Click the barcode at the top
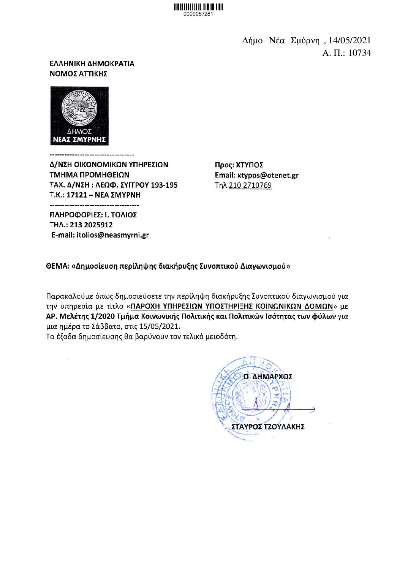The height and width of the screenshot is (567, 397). click(198, 7)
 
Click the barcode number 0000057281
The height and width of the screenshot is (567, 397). click(198, 14)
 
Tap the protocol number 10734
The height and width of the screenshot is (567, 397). click(359, 53)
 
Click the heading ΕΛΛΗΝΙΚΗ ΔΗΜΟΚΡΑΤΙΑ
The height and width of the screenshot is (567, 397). click(92, 63)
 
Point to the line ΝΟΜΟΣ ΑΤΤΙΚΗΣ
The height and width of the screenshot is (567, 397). click(79, 74)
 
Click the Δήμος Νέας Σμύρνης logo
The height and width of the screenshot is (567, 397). click(79, 116)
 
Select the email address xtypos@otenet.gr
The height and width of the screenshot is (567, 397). click(268, 175)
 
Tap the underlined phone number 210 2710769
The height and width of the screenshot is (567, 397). click(250, 185)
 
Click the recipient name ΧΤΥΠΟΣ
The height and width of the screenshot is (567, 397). click(250, 165)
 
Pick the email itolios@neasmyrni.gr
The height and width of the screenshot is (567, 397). click(113, 235)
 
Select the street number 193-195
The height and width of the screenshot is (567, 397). click(164, 185)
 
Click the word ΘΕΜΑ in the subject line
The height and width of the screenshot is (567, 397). click(57, 266)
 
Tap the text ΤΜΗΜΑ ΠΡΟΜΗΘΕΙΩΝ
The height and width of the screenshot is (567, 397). click(89, 175)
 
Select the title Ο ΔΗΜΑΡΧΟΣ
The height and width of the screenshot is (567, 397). click(268, 377)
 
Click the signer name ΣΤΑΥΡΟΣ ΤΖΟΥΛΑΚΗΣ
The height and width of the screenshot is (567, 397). click(268, 427)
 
